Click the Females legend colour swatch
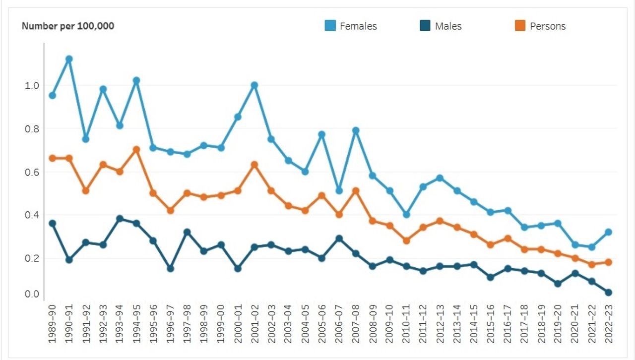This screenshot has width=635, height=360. [x=330, y=26]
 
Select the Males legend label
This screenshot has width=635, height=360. [x=448, y=26]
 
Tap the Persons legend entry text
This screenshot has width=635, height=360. [x=548, y=26]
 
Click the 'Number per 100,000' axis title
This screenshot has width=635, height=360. [x=68, y=26]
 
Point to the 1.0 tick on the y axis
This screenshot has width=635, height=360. [x=32, y=85]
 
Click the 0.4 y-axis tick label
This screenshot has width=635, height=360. [x=32, y=215]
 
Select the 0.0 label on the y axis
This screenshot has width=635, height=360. [x=32, y=295]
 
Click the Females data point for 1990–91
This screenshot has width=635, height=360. [x=69, y=59]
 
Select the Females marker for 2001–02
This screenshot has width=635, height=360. [x=254, y=85]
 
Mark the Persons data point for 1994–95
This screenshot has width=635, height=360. [x=136, y=149]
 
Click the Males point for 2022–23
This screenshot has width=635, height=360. [x=609, y=293]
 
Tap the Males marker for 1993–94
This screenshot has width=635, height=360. [x=120, y=219]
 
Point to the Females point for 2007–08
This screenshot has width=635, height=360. [x=356, y=130]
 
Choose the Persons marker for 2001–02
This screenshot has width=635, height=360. [x=254, y=164]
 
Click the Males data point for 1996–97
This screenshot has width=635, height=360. [x=170, y=268]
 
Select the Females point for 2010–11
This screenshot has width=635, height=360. [x=406, y=214]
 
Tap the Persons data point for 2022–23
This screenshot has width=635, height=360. [x=609, y=262]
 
